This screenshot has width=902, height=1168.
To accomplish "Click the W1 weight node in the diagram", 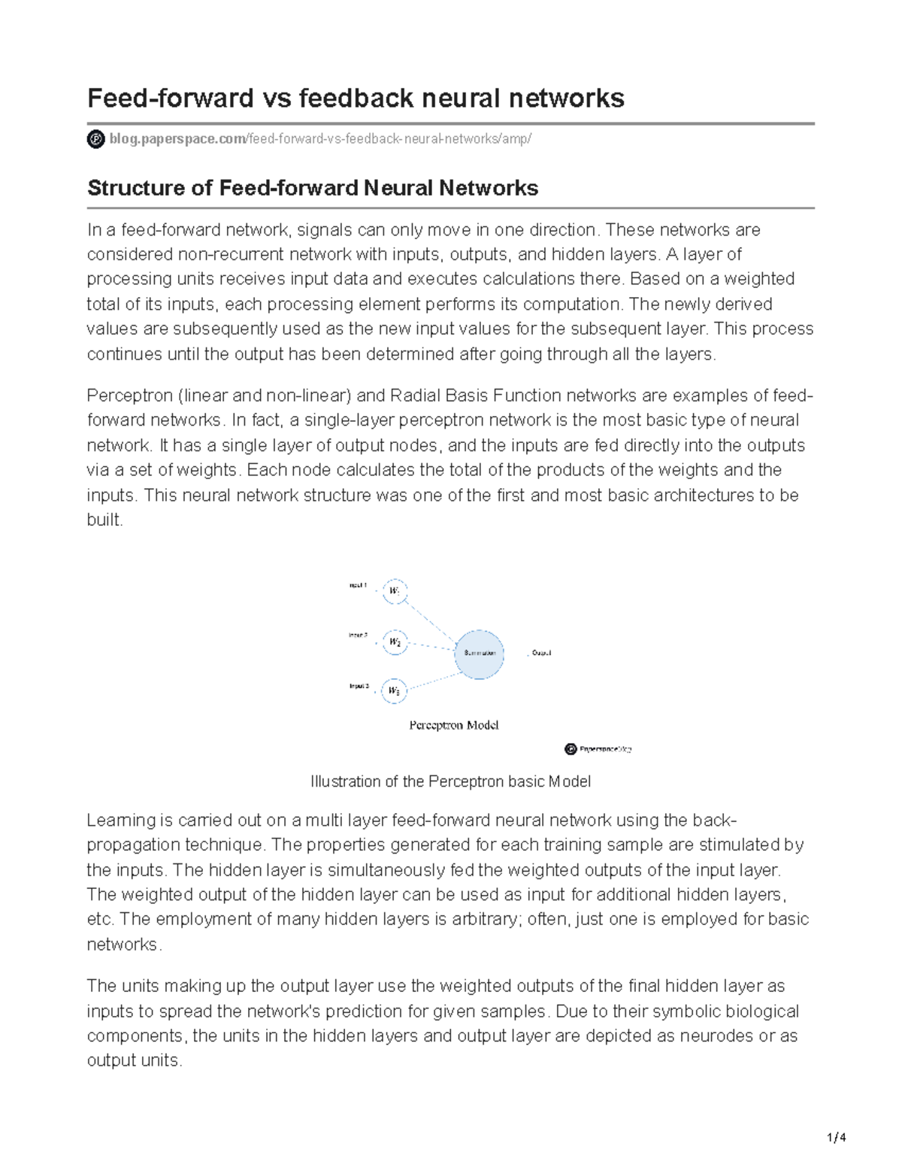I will pyautogui.click(x=395, y=591).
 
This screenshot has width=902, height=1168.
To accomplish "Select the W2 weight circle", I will pyautogui.click(x=395, y=642).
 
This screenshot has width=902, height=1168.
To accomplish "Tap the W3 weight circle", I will pyautogui.click(x=395, y=690).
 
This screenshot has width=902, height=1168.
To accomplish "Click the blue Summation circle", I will pyautogui.click(x=479, y=653).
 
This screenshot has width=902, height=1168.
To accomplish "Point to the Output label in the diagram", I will pyautogui.click(x=541, y=653).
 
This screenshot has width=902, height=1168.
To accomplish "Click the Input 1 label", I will pyautogui.click(x=358, y=585).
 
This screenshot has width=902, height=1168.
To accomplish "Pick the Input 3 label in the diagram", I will pyautogui.click(x=359, y=686).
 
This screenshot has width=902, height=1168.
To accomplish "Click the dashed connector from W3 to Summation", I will pyautogui.click(x=430, y=678).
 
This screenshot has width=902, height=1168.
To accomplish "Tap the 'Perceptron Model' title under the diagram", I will pyautogui.click(x=453, y=726).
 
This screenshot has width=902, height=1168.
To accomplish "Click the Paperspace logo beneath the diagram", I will pyautogui.click(x=598, y=749).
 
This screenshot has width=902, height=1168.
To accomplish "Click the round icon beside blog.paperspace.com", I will pyautogui.click(x=96, y=139).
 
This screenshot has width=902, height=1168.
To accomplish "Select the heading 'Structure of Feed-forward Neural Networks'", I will pyautogui.click(x=313, y=187).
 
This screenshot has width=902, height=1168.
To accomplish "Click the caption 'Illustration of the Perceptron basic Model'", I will pyautogui.click(x=450, y=781).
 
